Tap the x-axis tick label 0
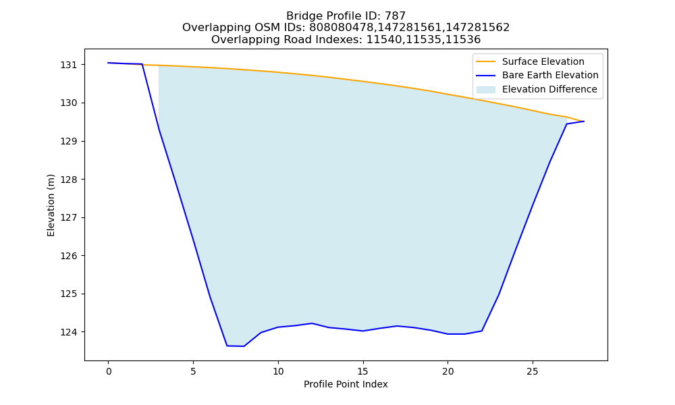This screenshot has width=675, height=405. click(109, 371)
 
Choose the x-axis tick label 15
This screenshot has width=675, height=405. click(363, 371)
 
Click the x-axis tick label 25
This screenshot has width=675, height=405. click(533, 371)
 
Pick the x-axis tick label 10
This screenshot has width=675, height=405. click(278, 371)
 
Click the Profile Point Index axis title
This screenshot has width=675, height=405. click(346, 384)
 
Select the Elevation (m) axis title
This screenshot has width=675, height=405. click(51, 205)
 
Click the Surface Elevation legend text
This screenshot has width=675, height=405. click(543, 61)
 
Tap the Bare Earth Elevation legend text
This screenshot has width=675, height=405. click(550, 76)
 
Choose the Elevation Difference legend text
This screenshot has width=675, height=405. click(549, 89)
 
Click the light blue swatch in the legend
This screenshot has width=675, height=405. click(485, 90)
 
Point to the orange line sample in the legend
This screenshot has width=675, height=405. click(485, 61)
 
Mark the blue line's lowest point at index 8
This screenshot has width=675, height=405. click(244, 346)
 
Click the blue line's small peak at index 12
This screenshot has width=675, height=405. click(312, 323)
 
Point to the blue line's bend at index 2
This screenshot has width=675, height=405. click(142, 64)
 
